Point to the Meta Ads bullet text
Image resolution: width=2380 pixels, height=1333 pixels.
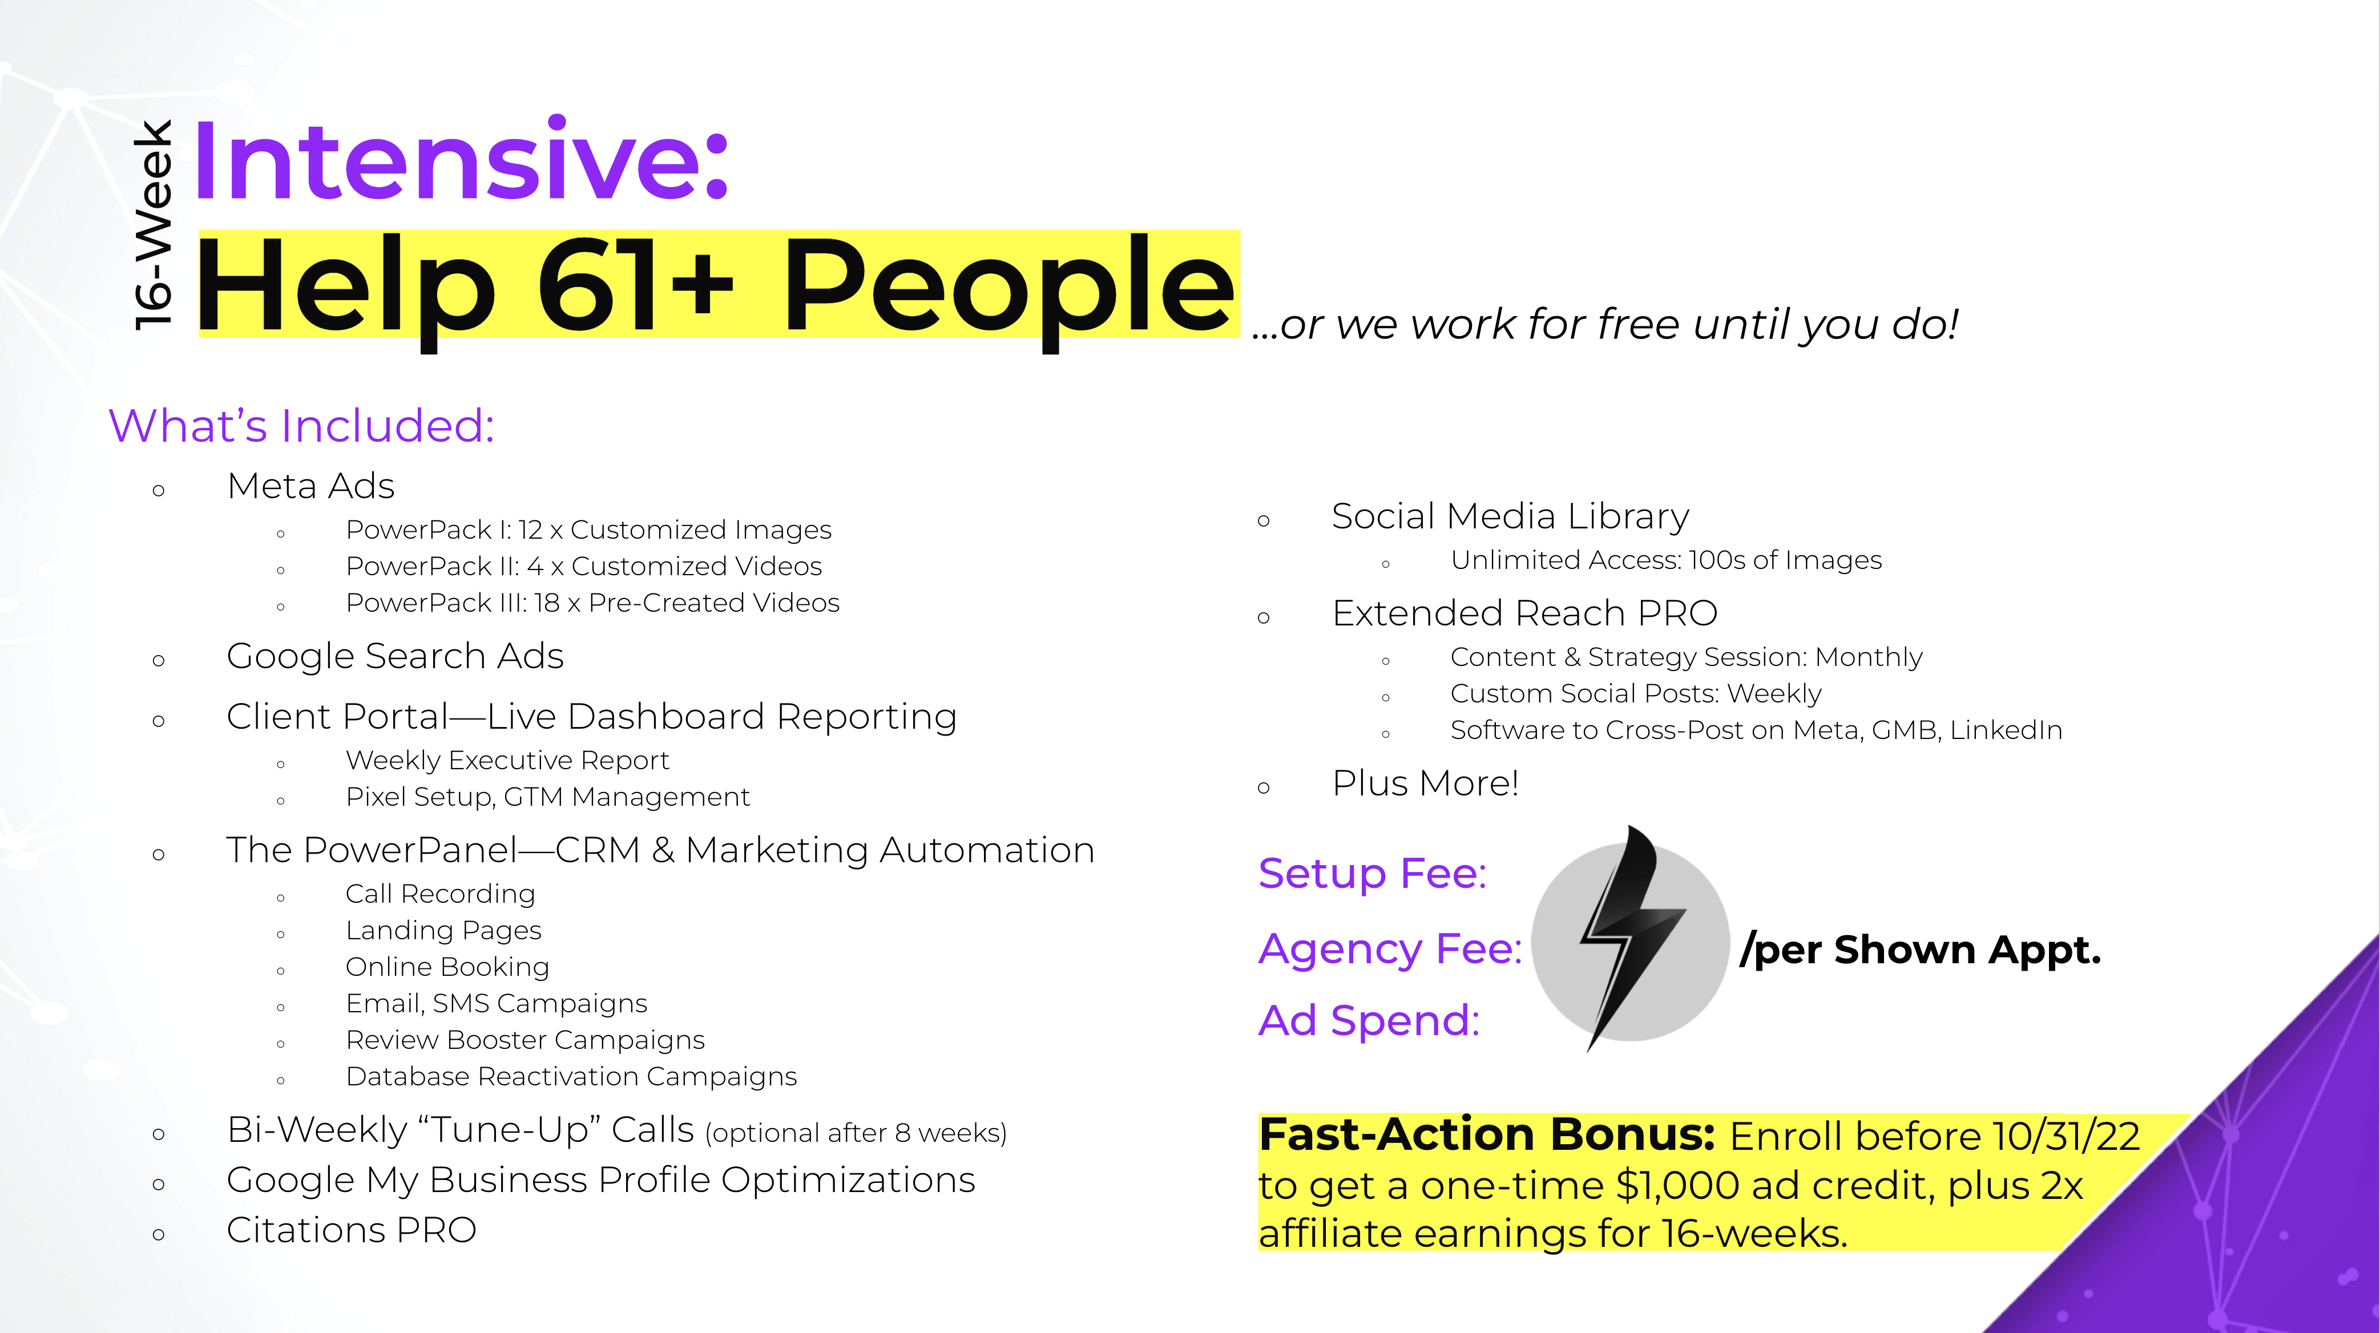tap(310, 486)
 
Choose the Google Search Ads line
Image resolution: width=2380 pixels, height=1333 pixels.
tap(394, 656)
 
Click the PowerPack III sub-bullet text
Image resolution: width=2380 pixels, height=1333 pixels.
tap(592, 602)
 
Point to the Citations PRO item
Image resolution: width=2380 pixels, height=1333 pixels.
tap(351, 1230)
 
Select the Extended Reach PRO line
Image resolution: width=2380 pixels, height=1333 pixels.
tap(1524, 613)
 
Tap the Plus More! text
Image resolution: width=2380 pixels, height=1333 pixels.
tap(1425, 783)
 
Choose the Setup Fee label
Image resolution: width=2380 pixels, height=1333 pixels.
tap(1372, 873)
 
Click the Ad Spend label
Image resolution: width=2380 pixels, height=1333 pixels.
tap(1368, 1021)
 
